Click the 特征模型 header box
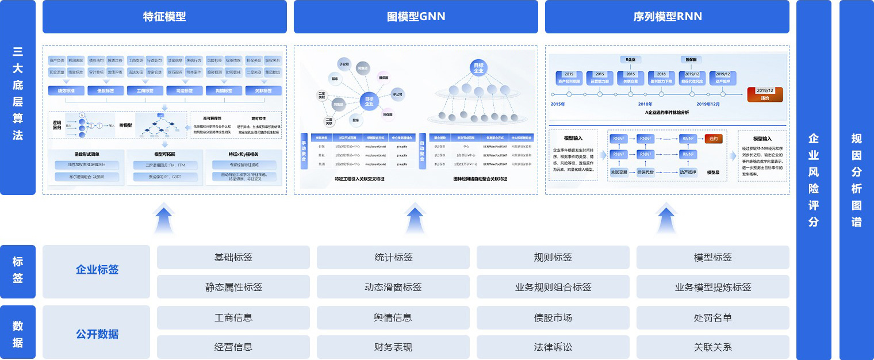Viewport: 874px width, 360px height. [x=164, y=17]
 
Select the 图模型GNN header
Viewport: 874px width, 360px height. [x=416, y=17]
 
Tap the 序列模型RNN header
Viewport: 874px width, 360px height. [x=667, y=17]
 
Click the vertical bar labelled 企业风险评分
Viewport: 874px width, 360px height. [x=814, y=179]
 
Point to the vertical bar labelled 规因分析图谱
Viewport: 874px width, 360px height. [x=856, y=179]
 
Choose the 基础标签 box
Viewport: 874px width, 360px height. [x=233, y=257]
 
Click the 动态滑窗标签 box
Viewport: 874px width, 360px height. [x=393, y=287]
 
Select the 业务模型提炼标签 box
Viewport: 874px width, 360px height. [x=712, y=287]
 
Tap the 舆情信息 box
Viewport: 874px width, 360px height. [x=393, y=317]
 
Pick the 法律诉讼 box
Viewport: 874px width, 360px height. [x=553, y=347]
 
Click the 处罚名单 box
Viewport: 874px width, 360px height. [x=712, y=317]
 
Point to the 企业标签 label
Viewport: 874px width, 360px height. [x=97, y=270]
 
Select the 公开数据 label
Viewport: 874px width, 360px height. [x=97, y=334]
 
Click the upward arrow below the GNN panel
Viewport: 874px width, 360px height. [x=415, y=219]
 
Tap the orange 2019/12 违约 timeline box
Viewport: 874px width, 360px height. [x=765, y=94]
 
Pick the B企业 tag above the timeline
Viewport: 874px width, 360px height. [x=631, y=59]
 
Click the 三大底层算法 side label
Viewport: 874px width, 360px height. [x=18, y=98]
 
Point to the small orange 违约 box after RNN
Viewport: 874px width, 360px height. [x=714, y=139]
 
